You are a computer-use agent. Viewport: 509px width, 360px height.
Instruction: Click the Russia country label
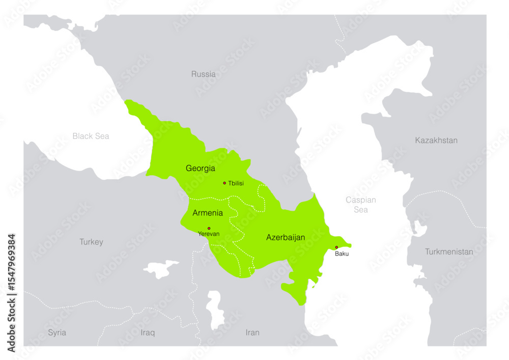(x=203, y=74)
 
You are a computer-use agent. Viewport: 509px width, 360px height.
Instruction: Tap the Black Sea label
(x=91, y=136)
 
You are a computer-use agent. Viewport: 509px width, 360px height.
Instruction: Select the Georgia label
(x=200, y=168)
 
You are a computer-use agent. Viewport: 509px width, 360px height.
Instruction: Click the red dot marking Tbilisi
(x=224, y=183)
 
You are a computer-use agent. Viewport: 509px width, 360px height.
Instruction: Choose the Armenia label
(x=207, y=213)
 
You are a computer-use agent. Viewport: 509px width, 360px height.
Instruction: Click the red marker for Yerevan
(x=209, y=228)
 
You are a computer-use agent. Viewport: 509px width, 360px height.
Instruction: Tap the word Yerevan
(x=209, y=234)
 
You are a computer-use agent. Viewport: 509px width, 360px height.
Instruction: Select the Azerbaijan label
(x=285, y=237)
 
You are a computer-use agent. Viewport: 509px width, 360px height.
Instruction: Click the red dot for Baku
(x=336, y=247)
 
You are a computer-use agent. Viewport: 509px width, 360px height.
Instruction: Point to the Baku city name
(x=342, y=254)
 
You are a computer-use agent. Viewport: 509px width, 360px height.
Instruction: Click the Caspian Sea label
(x=360, y=205)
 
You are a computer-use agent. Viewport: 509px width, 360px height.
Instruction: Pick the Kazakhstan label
(x=436, y=141)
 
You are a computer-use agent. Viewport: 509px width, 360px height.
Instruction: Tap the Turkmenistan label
(x=449, y=252)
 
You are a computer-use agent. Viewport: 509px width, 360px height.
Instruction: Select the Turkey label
(x=91, y=242)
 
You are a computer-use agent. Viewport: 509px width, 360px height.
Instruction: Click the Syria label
(x=57, y=333)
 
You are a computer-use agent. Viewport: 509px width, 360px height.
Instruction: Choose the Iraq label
(x=148, y=333)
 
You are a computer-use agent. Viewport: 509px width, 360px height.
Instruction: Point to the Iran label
(x=252, y=333)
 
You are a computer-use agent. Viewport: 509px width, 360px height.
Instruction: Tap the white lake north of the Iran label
(x=216, y=309)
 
